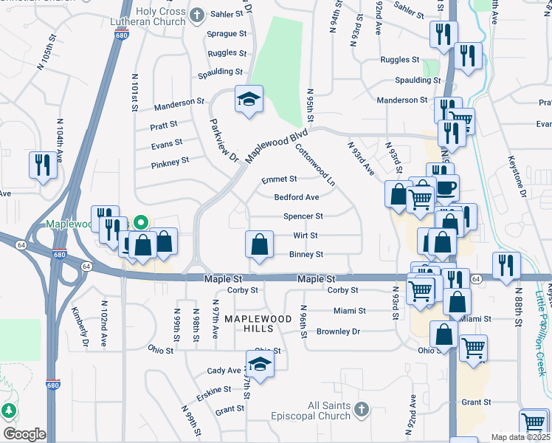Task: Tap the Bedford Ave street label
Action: click(297, 198)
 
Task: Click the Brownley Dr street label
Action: click(338, 332)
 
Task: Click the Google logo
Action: click(24, 434)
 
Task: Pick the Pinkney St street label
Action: click(170, 159)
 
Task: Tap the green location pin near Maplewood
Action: click(142, 221)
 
